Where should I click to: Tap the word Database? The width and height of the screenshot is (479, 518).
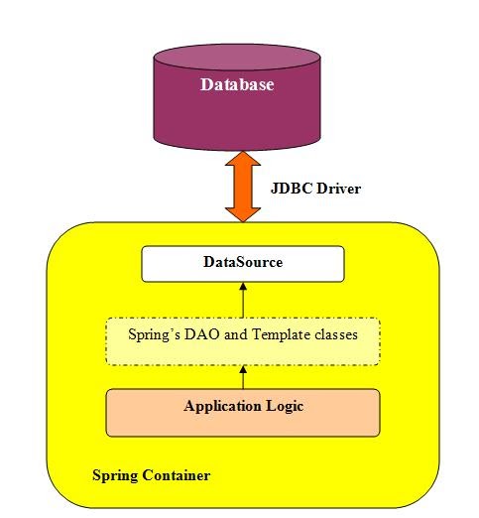pyautogui.click(x=237, y=85)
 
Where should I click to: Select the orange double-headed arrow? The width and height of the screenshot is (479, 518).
pyautogui.click(x=241, y=186)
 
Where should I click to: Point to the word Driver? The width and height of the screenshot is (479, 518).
pyautogui.click(x=338, y=187)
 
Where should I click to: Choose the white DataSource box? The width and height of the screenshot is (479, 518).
pyautogui.click(x=242, y=264)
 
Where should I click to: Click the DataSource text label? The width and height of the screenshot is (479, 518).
pyautogui.click(x=243, y=263)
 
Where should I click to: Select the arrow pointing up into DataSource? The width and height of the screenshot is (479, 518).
pyautogui.click(x=242, y=298)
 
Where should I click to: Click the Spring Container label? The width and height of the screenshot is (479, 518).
pyautogui.click(x=151, y=475)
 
